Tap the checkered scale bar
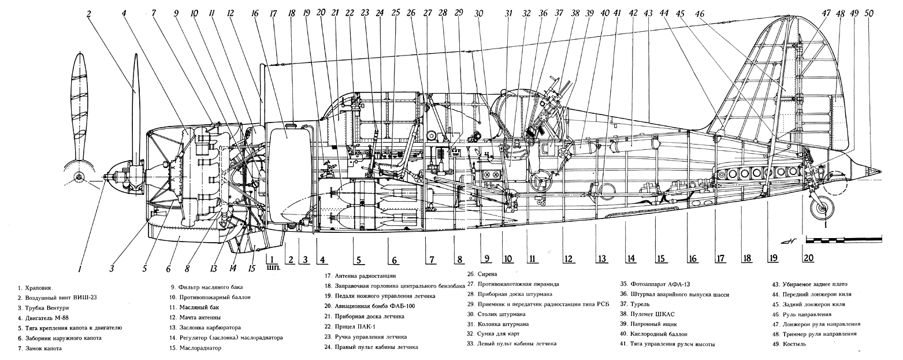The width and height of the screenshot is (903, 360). (x=843, y=239)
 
